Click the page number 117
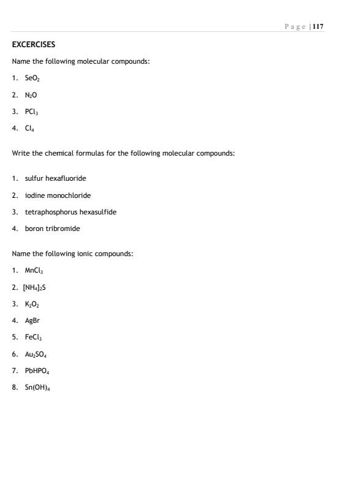tap(318, 26)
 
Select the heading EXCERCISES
tap(34, 45)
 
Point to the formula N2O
tap(31, 96)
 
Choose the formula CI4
tap(30, 129)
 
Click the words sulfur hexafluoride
tap(55, 178)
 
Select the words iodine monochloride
tap(58, 195)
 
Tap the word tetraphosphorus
tap(51, 212)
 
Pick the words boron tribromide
tap(52, 229)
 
